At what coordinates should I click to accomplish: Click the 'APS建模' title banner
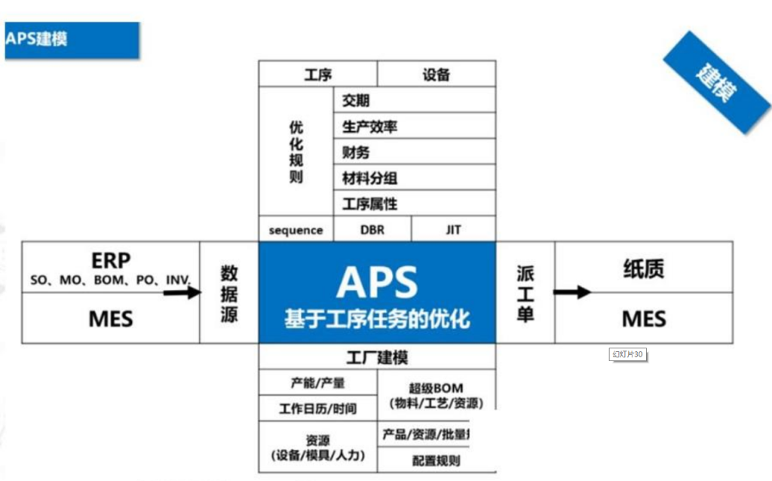(72, 39)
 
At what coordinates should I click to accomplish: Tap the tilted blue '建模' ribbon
(717, 82)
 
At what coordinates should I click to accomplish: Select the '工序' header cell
(317, 75)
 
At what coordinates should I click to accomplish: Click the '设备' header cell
(436, 75)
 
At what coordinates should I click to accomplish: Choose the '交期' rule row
(414, 100)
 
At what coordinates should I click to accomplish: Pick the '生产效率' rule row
(414, 126)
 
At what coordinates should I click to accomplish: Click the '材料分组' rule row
(414, 178)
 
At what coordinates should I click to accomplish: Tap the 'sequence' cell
(296, 230)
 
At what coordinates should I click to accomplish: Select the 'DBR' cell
(372, 230)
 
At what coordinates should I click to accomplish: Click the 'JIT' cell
(453, 230)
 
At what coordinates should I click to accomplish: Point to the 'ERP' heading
(111, 261)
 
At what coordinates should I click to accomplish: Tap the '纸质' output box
(644, 268)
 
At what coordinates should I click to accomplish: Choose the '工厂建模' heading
(376, 357)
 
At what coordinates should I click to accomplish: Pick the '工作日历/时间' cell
(317, 409)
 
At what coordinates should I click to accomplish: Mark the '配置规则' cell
(436, 460)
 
